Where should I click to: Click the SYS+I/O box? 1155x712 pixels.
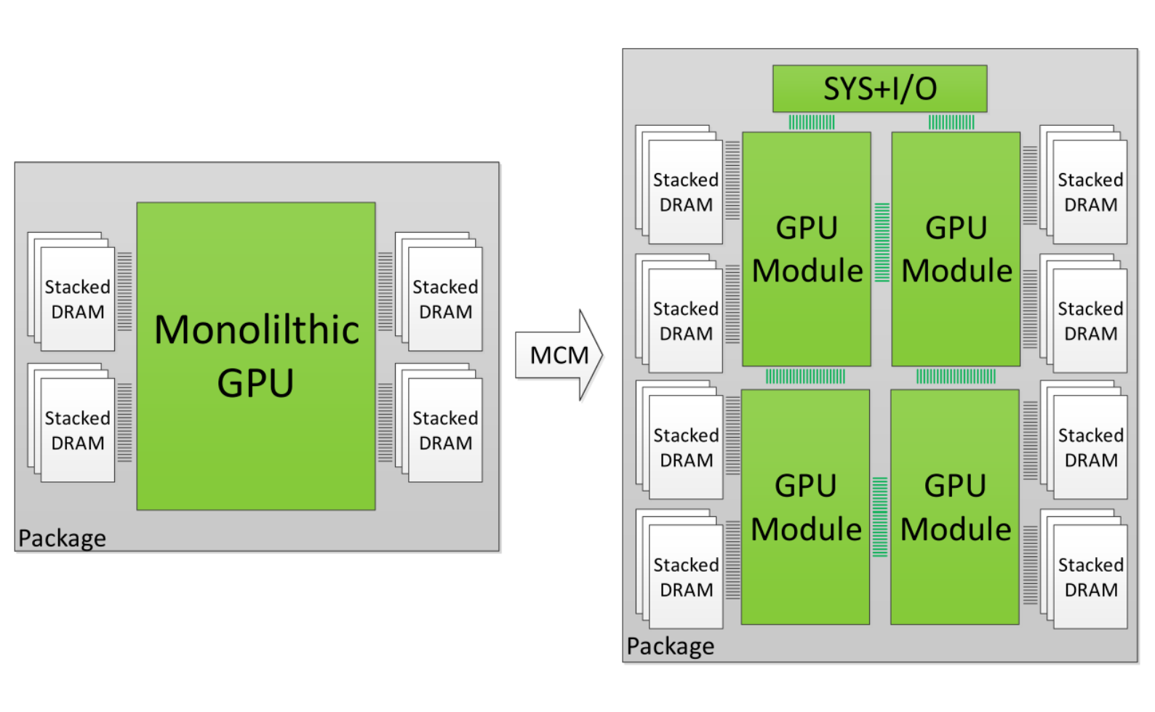(x=879, y=89)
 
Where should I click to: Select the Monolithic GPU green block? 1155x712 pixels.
(x=256, y=356)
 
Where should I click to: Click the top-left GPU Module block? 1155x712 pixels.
(x=806, y=249)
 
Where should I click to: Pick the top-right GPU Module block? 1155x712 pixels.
(x=956, y=249)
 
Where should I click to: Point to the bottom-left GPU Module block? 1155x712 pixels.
(x=805, y=507)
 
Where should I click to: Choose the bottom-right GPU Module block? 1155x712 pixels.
(x=955, y=507)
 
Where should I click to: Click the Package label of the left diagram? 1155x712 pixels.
(x=62, y=538)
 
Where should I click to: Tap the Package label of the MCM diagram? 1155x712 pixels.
(x=670, y=646)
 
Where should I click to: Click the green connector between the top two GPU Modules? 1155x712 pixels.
(x=882, y=242)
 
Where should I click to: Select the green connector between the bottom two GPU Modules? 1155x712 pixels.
(x=880, y=517)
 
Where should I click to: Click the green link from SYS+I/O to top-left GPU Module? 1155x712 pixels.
(x=812, y=122)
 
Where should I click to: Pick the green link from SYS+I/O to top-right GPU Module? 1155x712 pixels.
(x=951, y=122)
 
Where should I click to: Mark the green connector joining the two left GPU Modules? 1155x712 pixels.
(x=805, y=376)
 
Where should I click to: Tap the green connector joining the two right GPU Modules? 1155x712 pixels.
(x=956, y=376)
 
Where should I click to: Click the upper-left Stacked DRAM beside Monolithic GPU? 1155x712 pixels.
(x=77, y=298)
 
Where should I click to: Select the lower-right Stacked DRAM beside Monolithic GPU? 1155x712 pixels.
(x=445, y=430)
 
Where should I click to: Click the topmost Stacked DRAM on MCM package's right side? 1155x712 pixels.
(x=1090, y=191)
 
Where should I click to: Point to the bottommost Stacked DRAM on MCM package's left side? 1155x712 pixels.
(x=685, y=577)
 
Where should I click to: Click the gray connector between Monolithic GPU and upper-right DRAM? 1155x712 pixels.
(x=385, y=292)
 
